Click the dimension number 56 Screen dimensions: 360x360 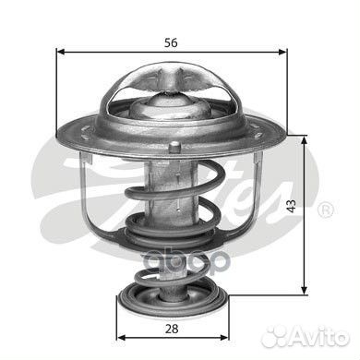tap(171, 42)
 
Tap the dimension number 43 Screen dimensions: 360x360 tap(291, 206)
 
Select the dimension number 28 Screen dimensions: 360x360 tap(172, 329)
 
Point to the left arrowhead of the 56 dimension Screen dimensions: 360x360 tap(61, 52)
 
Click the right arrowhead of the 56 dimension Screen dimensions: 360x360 tap(282, 52)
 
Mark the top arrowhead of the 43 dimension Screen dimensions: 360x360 tap(305, 140)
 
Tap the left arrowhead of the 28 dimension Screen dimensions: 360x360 tap(122, 337)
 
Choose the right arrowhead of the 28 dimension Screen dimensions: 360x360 tap(223, 337)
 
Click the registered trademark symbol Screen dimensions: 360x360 tap(325, 210)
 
